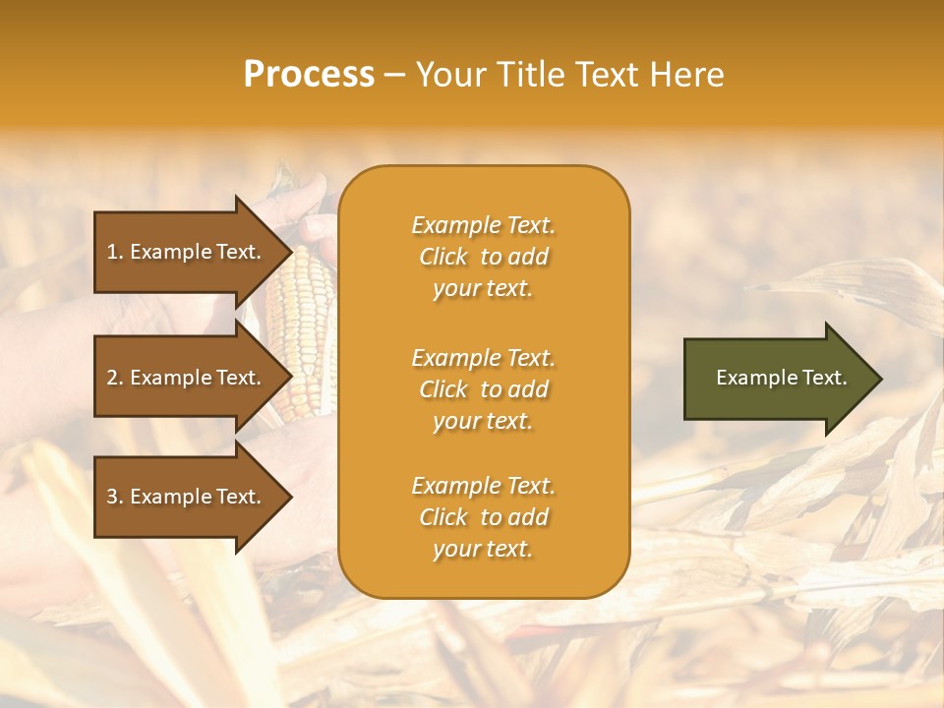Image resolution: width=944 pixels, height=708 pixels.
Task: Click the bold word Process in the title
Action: click(x=309, y=75)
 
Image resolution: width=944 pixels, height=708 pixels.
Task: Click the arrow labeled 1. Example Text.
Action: click(x=187, y=252)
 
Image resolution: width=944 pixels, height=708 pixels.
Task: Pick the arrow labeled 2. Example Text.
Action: click(x=187, y=378)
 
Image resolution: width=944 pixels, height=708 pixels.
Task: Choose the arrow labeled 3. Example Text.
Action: click(x=187, y=497)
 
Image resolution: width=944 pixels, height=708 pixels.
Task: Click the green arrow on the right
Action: click(x=777, y=378)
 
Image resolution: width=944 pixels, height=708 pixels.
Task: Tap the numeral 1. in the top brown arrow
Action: click(x=115, y=252)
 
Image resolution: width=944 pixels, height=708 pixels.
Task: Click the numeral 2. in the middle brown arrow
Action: click(x=115, y=378)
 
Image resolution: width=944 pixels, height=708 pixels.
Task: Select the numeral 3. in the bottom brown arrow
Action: click(x=115, y=497)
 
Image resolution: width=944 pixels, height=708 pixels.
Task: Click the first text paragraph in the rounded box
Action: click(x=483, y=257)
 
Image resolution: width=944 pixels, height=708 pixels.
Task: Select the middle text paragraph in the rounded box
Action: click(x=483, y=389)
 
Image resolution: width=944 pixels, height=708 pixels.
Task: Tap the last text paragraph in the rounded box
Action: click(x=483, y=517)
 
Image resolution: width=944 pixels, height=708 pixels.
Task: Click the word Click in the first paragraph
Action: click(x=442, y=257)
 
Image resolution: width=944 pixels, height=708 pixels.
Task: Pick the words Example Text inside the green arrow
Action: click(x=781, y=378)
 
